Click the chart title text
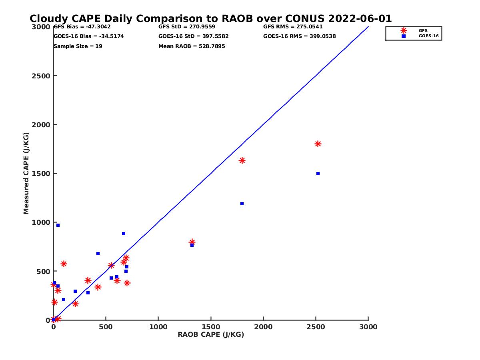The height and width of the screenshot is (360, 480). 210,19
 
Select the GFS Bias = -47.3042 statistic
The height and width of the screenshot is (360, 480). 82,27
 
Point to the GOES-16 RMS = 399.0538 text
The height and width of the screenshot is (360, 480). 299,36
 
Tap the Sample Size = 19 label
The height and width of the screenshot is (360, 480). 78,46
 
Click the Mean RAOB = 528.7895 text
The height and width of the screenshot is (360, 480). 192,46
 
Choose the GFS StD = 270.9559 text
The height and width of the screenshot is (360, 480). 187,27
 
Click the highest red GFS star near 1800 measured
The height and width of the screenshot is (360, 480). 318,144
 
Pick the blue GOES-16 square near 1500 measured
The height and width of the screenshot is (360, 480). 318,174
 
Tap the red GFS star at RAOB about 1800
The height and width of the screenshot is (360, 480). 242,160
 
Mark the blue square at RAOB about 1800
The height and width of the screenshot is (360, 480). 242,204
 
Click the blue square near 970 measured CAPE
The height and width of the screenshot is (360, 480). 58,225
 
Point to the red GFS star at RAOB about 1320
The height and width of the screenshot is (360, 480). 192,242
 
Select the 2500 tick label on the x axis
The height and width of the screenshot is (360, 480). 316,327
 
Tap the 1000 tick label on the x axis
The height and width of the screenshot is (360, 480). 158,327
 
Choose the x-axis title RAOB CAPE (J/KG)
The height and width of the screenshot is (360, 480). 211,335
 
